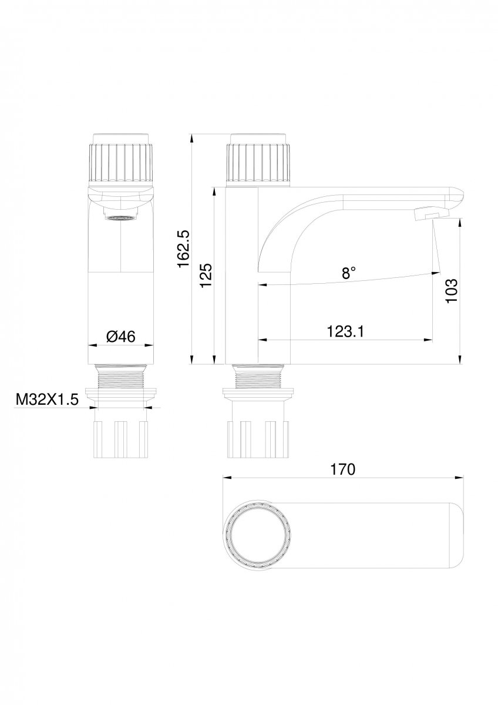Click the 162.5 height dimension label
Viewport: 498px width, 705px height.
point(183,249)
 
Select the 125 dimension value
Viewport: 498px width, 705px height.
point(206,276)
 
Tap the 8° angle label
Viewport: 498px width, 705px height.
point(349,272)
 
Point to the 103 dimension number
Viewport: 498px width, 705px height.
point(452,290)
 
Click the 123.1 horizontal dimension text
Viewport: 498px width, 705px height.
point(345,331)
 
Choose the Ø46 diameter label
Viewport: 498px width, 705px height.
point(121,337)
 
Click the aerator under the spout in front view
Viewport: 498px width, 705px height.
point(122,218)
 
